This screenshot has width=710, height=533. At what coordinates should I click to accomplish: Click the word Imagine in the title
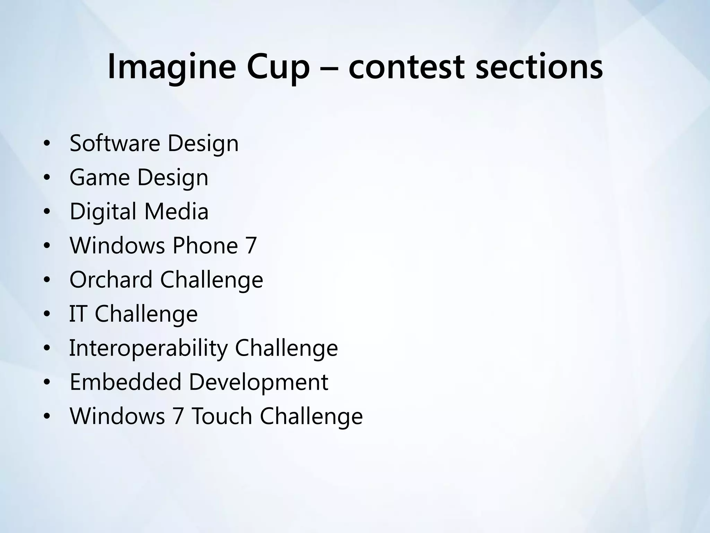172,67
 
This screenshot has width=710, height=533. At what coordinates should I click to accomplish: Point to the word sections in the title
539,67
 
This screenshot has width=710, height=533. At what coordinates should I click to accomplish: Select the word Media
176,211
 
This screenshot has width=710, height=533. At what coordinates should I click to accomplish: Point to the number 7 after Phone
251,246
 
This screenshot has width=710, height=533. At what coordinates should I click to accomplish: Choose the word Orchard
111,280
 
